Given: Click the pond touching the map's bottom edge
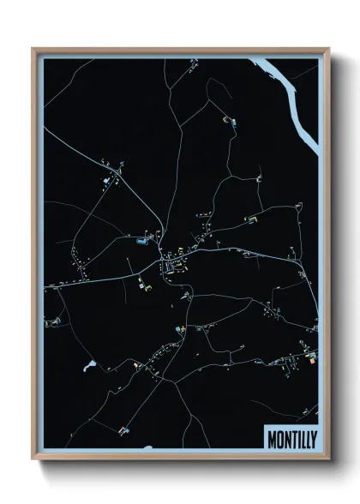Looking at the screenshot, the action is (147, 447).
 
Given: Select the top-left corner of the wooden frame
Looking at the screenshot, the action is (33, 50).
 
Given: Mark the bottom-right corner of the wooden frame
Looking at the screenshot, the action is (328, 459).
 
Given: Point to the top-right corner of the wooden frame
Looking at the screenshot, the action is (328, 50).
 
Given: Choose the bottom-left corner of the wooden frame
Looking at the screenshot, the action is (33, 459).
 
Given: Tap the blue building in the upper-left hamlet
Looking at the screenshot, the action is (107, 180).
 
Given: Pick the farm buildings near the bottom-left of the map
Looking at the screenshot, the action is (123, 429).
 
